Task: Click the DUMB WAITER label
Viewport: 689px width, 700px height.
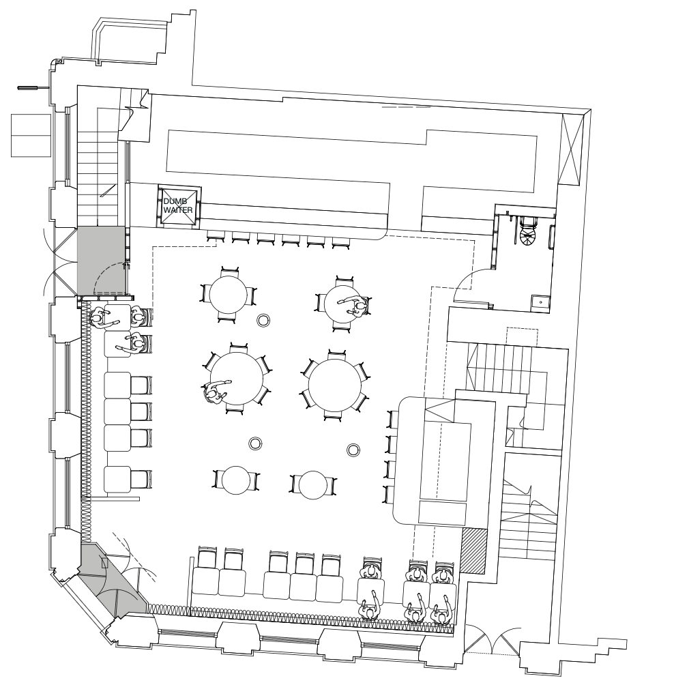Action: [178, 205]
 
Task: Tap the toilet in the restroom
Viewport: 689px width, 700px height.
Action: [529, 231]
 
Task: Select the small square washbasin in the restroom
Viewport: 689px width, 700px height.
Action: [540, 303]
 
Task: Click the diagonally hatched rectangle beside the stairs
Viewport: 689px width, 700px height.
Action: [473, 551]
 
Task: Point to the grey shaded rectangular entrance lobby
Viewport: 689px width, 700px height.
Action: [101, 261]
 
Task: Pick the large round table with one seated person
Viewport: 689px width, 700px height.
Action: [237, 378]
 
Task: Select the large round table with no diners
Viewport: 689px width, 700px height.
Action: [335, 385]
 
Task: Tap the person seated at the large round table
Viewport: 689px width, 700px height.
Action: [216, 392]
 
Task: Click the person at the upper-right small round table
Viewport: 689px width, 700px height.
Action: [357, 306]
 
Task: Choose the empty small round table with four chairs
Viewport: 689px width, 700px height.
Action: [228, 294]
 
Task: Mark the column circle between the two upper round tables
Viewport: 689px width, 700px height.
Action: [263, 320]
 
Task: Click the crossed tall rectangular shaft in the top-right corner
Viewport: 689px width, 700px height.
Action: [571, 149]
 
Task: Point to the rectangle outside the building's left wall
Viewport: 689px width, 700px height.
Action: [31, 135]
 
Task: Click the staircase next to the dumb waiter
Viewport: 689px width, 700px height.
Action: [98, 165]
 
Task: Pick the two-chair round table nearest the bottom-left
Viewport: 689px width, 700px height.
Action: [236, 480]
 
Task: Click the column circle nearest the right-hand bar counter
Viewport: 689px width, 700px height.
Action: [353, 450]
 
